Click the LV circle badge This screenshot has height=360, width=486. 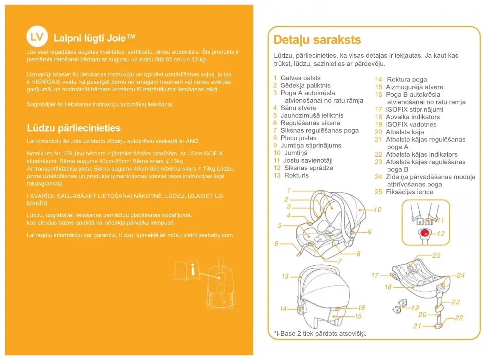[x=37, y=37]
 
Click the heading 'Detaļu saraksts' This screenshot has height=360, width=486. [x=317, y=40]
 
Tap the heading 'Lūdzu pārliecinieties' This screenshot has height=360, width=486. [x=74, y=128]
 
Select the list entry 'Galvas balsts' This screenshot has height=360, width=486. [x=300, y=78]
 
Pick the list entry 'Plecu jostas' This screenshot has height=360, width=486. [x=298, y=138]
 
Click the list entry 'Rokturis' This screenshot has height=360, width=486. [x=296, y=175]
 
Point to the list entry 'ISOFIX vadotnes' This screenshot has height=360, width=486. [x=411, y=124]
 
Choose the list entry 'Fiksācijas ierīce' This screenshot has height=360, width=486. [x=409, y=192]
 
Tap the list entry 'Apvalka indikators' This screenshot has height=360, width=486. [x=413, y=117]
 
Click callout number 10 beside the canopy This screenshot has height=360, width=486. [x=378, y=210]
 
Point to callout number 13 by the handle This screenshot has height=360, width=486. [x=285, y=276]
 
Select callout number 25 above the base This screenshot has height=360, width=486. [x=436, y=256]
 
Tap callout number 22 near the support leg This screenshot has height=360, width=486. [x=459, y=318]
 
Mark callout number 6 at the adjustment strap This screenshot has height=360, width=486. [x=277, y=244]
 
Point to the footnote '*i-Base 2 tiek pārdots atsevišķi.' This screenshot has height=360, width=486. [x=320, y=334]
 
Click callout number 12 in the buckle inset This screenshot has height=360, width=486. [x=441, y=233]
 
